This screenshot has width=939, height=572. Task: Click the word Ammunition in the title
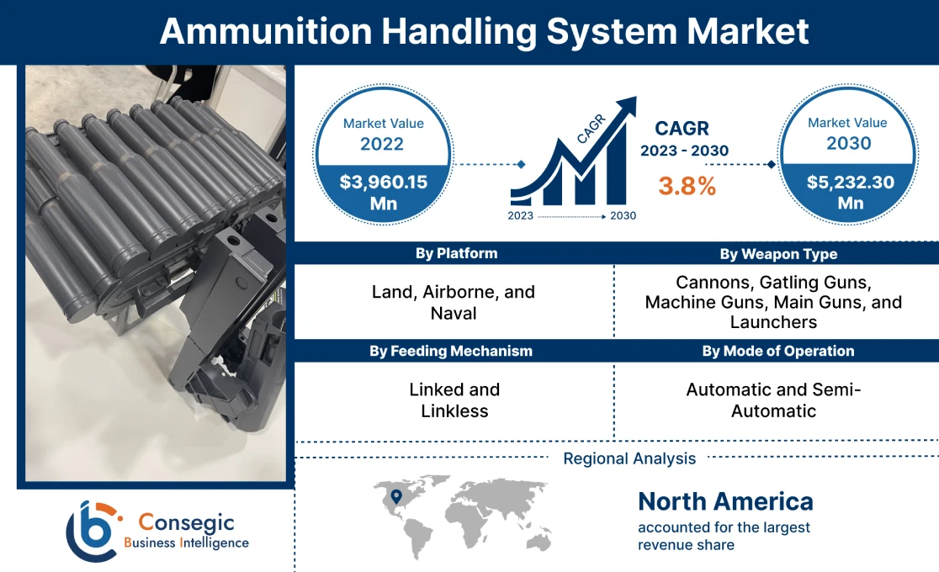(264, 31)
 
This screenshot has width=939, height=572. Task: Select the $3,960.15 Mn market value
(383, 192)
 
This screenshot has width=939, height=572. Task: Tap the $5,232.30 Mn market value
(849, 192)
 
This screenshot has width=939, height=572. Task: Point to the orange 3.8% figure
(687, 186)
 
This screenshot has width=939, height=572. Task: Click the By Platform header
(456, 253)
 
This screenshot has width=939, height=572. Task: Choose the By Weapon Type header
(778, 253)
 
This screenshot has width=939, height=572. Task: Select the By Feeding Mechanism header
(451, 351)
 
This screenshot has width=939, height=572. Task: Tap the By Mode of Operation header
(778, 351)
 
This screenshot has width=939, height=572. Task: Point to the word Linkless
(454, 411)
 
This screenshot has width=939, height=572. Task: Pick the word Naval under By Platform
(454, 314)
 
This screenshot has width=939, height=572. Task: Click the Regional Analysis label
(629, 458)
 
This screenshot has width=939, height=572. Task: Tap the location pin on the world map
(394, 496)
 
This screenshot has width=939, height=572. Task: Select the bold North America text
(725, 501)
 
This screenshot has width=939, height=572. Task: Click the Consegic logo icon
(91, 531)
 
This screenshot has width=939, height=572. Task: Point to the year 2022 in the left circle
(383, 144)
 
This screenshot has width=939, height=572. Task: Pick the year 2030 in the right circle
(848, 143)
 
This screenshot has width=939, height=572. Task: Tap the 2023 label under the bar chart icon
(521, 216)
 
